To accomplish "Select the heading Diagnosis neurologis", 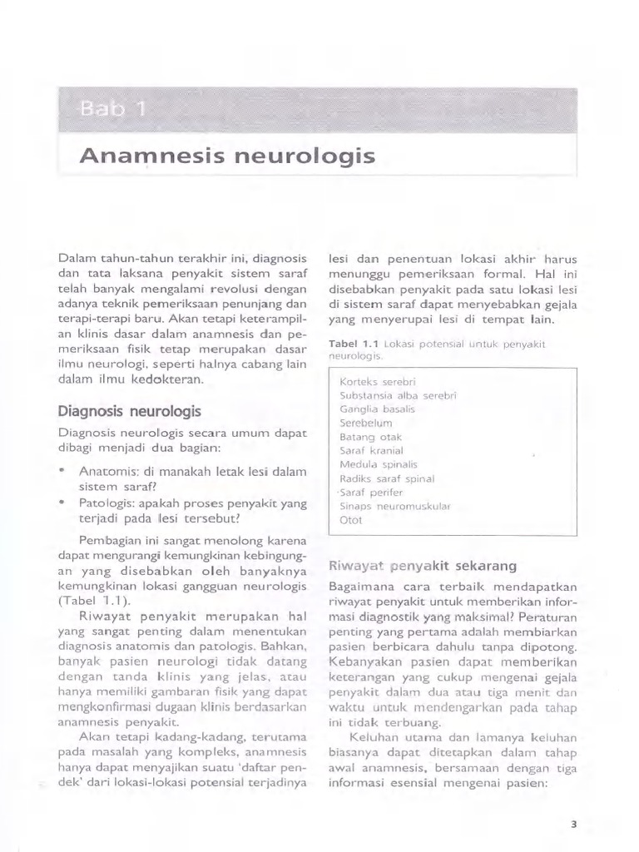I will click(129, 411).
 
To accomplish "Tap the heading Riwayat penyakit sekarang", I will click(423, 566).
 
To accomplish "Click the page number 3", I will click(573, 825).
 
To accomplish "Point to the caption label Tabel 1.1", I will click(355, 344).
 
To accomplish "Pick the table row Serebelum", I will click(365, 423).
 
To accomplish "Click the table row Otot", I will click(351, 520).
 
